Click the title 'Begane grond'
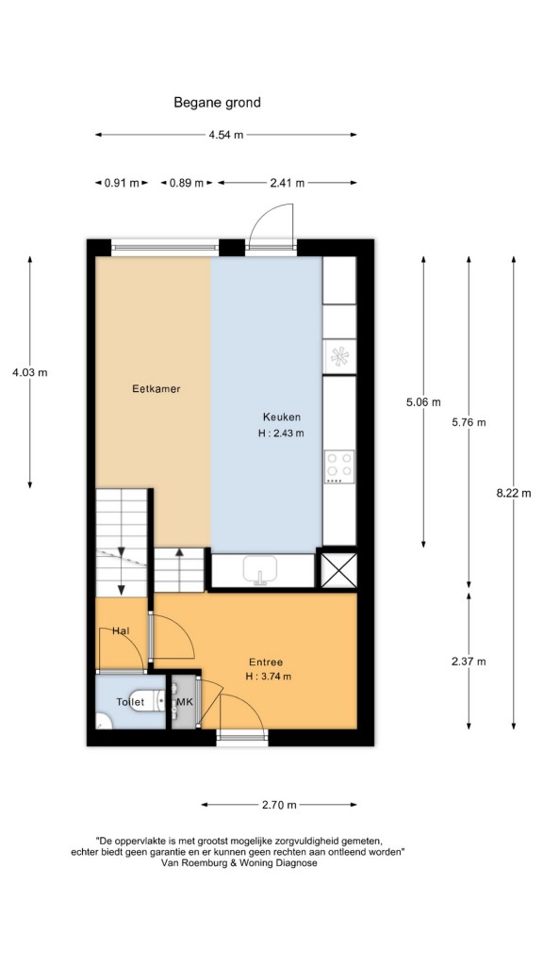point(217,103)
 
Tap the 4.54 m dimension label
point(226,135)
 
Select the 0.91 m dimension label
point(122,183)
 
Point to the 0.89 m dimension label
point(188,183)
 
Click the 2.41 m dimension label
point(287,183)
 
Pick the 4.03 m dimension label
point(29,371)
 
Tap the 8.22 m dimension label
point(514,492)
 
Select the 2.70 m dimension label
point(279,805)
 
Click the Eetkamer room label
point(156,389)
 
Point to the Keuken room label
point(281,417)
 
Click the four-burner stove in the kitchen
point(339,466)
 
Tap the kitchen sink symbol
point(262,570)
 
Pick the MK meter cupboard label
point(185,701)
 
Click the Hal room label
point(120,630)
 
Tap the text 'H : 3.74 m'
point(267,677)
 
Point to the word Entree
point(266,662)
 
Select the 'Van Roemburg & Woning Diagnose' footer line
point(239,863)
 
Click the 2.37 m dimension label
point(469,662)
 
